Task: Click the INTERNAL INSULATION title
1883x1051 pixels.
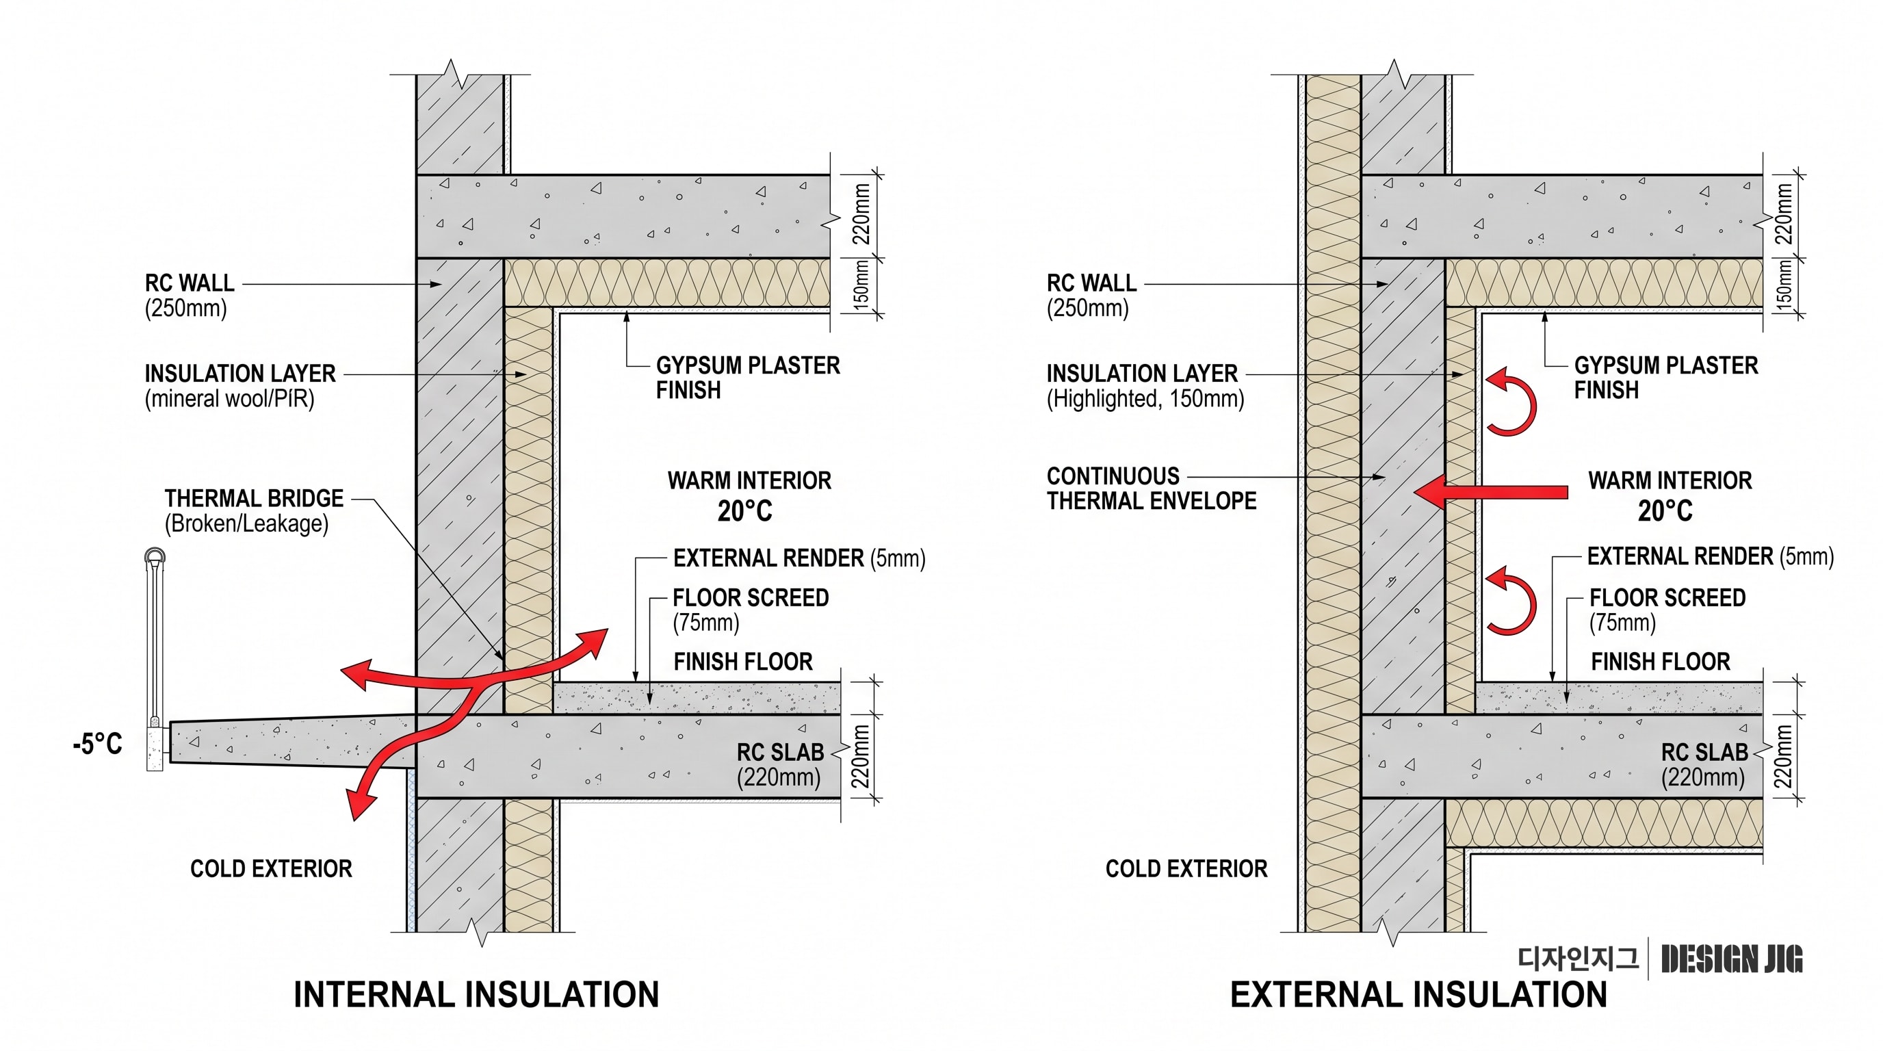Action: (x=476, y=995)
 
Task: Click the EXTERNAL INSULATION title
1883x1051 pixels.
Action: (x=1418, y=995)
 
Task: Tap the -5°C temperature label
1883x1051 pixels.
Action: (x=97, y=744)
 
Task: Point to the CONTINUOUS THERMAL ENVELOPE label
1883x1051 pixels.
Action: (x=1152, y=489)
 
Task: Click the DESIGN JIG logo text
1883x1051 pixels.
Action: (x=1732, y=959)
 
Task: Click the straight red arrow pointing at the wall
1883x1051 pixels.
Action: (x=1491, y=492)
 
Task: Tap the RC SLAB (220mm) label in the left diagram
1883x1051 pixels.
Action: (x=779, y=764)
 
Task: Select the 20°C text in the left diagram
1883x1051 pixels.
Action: (x=744, y=511)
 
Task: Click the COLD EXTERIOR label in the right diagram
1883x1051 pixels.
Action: (x=1186, y=868)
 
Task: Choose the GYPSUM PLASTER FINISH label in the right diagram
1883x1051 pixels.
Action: (x=1666, y=378)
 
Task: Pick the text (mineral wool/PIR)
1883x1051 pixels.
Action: (x=229, y=399)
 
